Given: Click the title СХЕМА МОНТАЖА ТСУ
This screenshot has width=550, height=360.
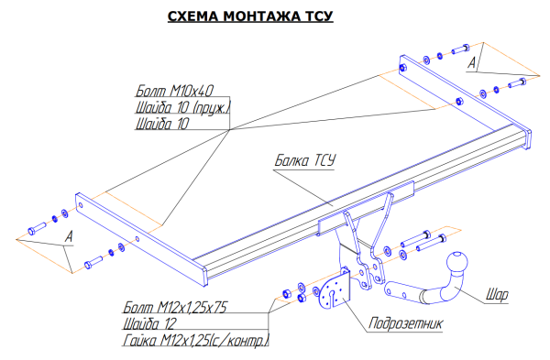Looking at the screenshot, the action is pyautogui.click(x=250, y=16).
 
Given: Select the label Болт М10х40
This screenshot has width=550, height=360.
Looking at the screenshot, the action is pyautogui.click(x=174, y=91).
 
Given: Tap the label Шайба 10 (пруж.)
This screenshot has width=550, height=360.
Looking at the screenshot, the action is pyautogui.click(x=182, y=107).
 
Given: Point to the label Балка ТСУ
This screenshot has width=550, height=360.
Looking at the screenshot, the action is pyautogui.click(x=305, y=160).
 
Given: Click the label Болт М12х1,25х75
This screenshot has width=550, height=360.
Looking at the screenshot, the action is pyautogui.click(x=175, y=307).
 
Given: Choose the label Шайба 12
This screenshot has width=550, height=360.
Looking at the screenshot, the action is pyautogui.click(x=149, y=323).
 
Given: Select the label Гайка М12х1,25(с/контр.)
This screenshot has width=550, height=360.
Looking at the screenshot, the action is pyautogui.click(x=196, y=340).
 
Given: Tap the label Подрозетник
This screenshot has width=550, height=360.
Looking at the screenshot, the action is pyautogui.click(x=405, y=322).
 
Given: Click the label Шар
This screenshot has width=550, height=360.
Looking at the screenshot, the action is pyautogui.click(x=497, y=295).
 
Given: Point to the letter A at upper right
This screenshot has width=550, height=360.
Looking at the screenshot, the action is pyautogui.click(x=472, y=63).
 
